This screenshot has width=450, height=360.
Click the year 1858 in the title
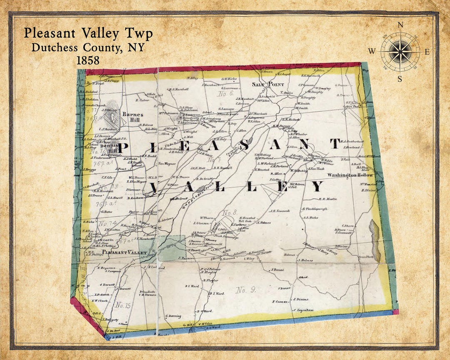(88, 60)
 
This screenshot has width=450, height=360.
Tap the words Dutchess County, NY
(88, 47)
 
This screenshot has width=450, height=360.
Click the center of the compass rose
(399, 51)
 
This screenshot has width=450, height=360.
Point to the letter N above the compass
(400, 25)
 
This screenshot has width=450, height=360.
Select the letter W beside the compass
(372, 51)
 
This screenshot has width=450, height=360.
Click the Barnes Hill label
(132, 117)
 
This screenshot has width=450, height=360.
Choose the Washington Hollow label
(350, 175)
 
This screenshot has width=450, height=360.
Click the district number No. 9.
(245, 290)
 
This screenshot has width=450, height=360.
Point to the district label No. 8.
(229, 213)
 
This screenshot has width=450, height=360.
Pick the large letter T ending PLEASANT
(335, 144)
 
